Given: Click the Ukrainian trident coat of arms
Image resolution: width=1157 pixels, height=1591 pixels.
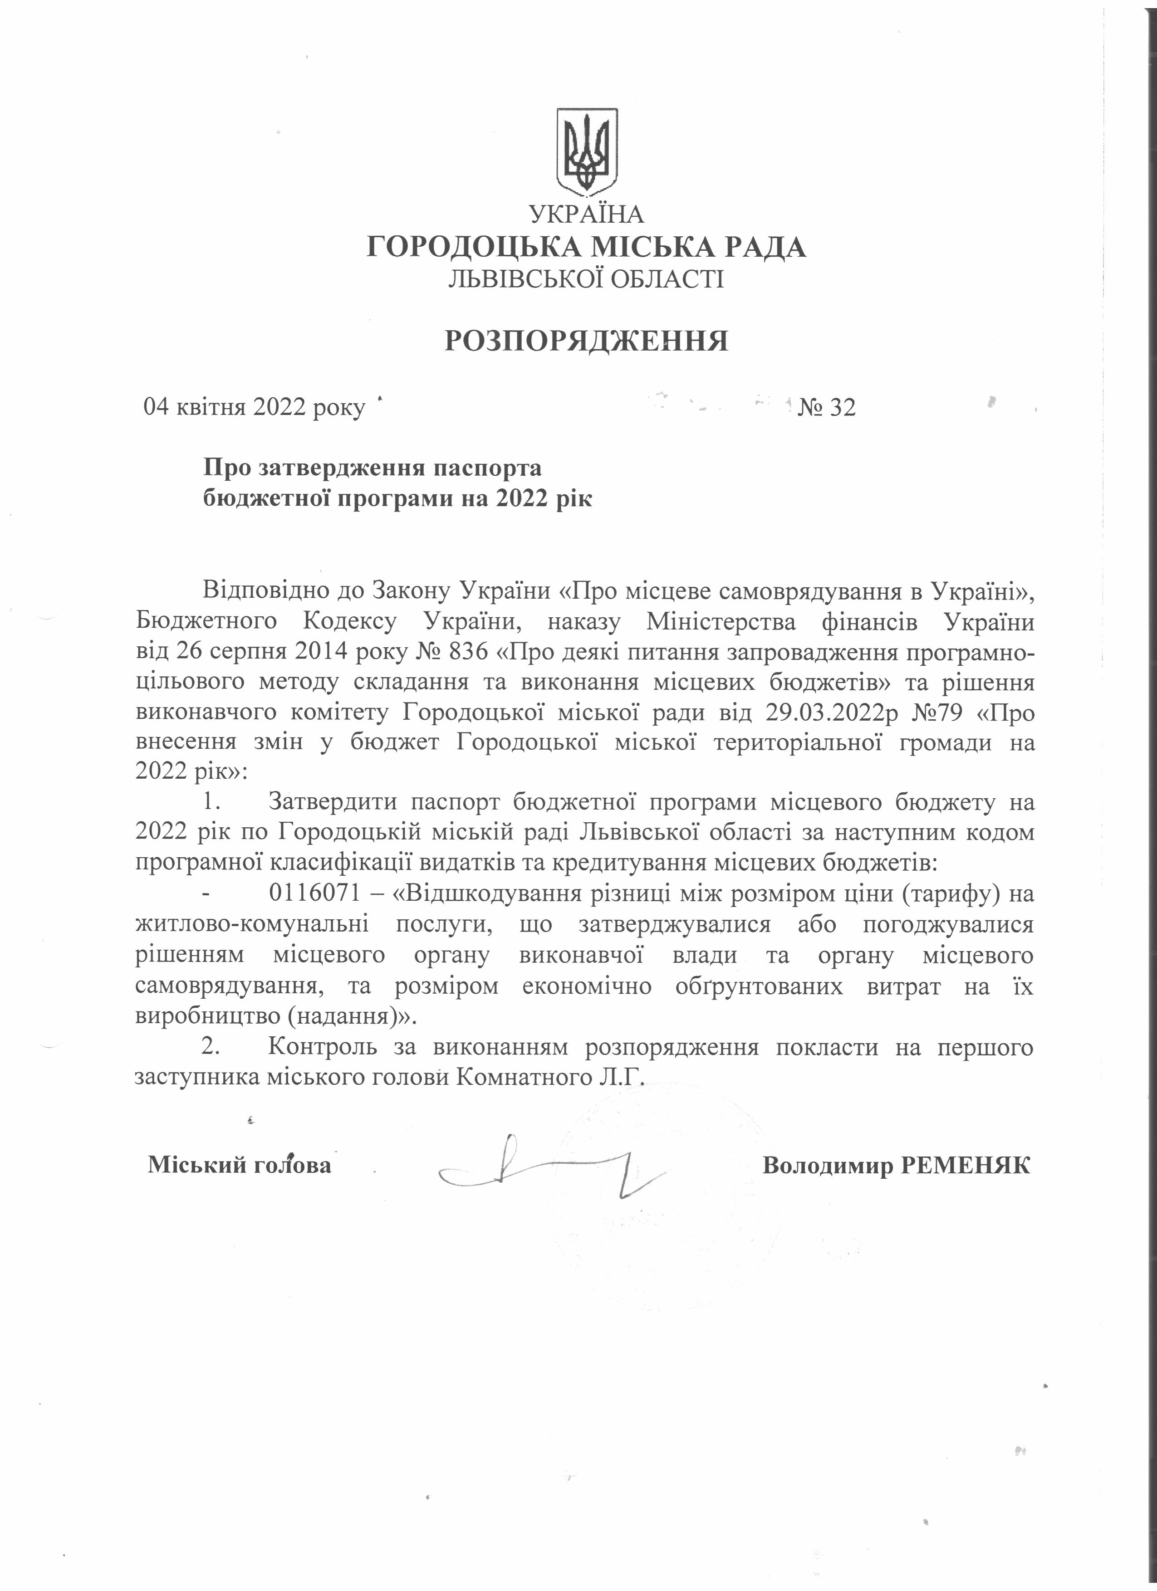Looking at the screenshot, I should click(587, 151).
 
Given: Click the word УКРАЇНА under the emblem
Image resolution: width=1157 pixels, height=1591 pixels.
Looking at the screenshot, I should click(587, 213).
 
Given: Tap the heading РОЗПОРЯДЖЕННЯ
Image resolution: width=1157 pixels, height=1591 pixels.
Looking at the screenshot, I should click(587, 341).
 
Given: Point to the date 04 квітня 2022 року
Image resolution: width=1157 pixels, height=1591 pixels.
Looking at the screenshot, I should click(254, 408).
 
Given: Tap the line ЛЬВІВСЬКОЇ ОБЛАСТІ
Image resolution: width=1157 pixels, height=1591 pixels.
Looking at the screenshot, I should click(587, 280).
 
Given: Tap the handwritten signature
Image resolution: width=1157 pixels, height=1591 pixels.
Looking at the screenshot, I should click(547, 1169).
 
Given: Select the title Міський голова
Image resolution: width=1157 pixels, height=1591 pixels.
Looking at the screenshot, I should click(239, 1165).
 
